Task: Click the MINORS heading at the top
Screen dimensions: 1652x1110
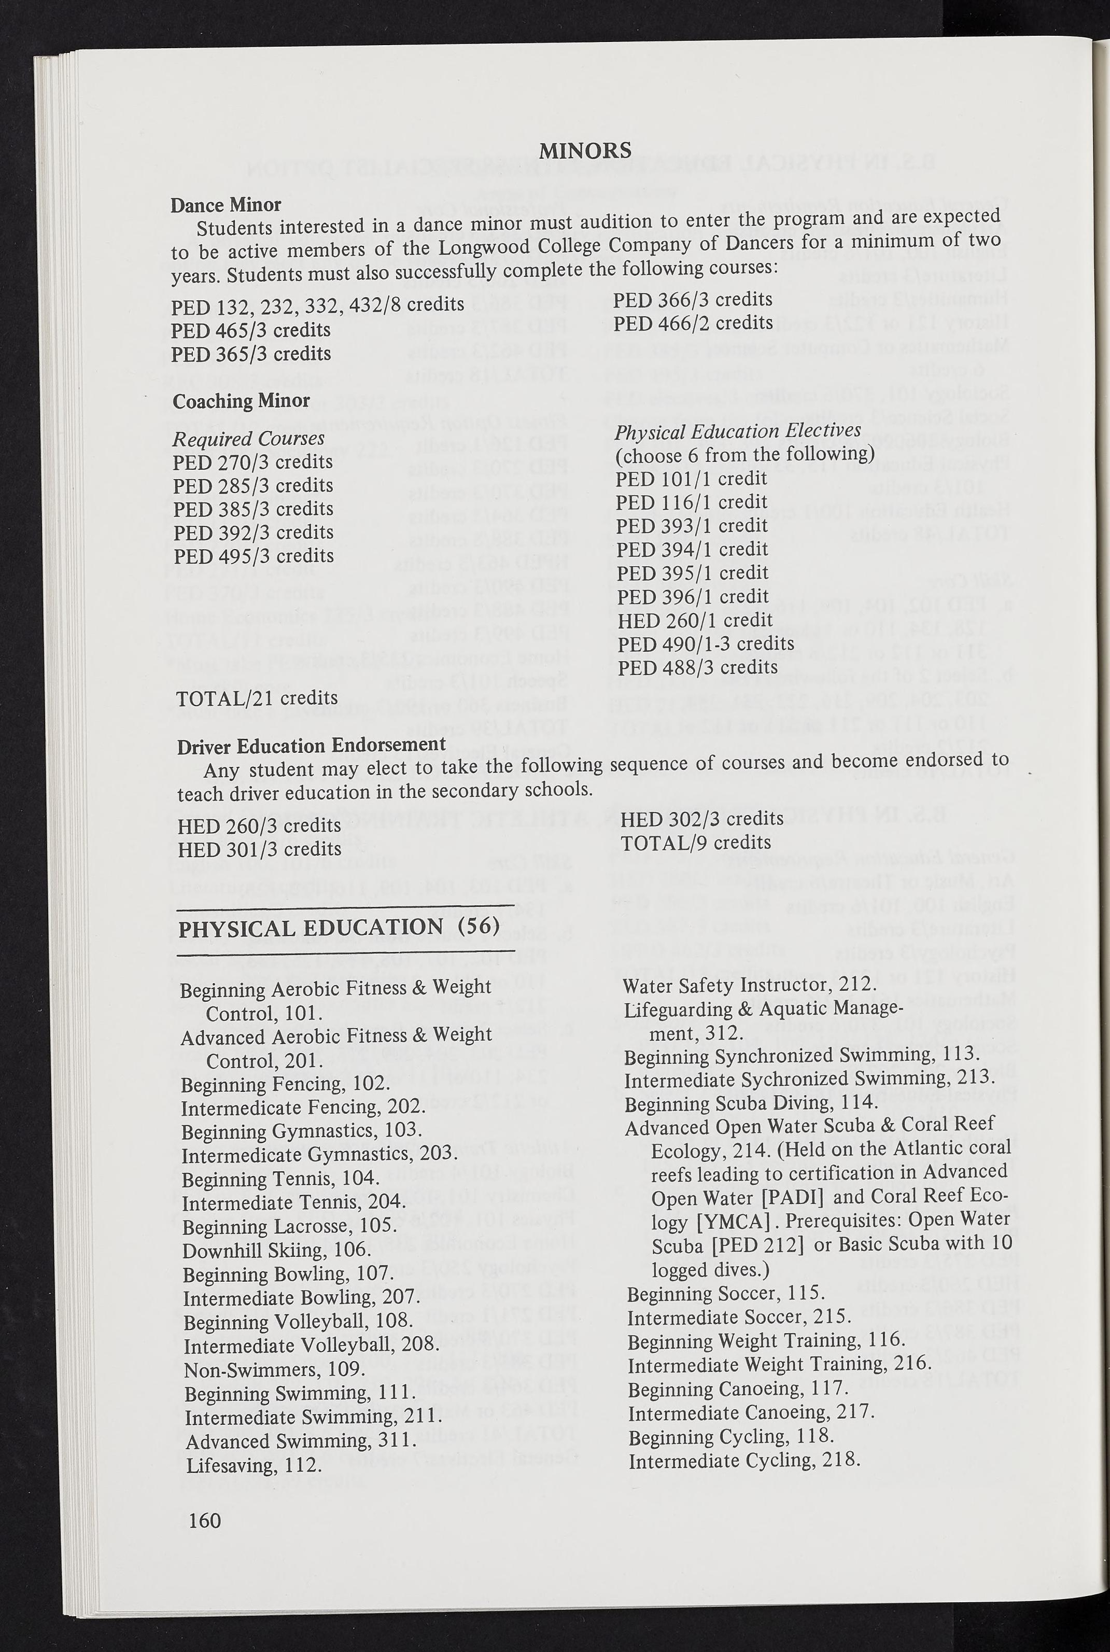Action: [585, 150]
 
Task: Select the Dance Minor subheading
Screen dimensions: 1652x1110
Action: [226, 204]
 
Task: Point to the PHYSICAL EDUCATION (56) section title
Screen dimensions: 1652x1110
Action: [339, 927]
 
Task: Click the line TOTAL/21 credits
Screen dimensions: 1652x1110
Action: [257, 698]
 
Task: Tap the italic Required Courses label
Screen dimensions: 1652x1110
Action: [248, 438]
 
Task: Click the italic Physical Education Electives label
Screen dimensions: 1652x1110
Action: [738, 431]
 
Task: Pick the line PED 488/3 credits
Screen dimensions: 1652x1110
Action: [697, 667]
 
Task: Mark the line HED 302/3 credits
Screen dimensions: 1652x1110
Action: [701, 819]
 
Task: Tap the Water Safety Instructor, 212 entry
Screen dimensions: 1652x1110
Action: [750, 985]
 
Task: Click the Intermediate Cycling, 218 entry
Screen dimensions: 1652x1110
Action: [744, 1460]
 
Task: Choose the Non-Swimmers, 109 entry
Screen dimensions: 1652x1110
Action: [274, 1369]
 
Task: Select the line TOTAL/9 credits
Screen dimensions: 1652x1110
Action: [695, 842]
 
